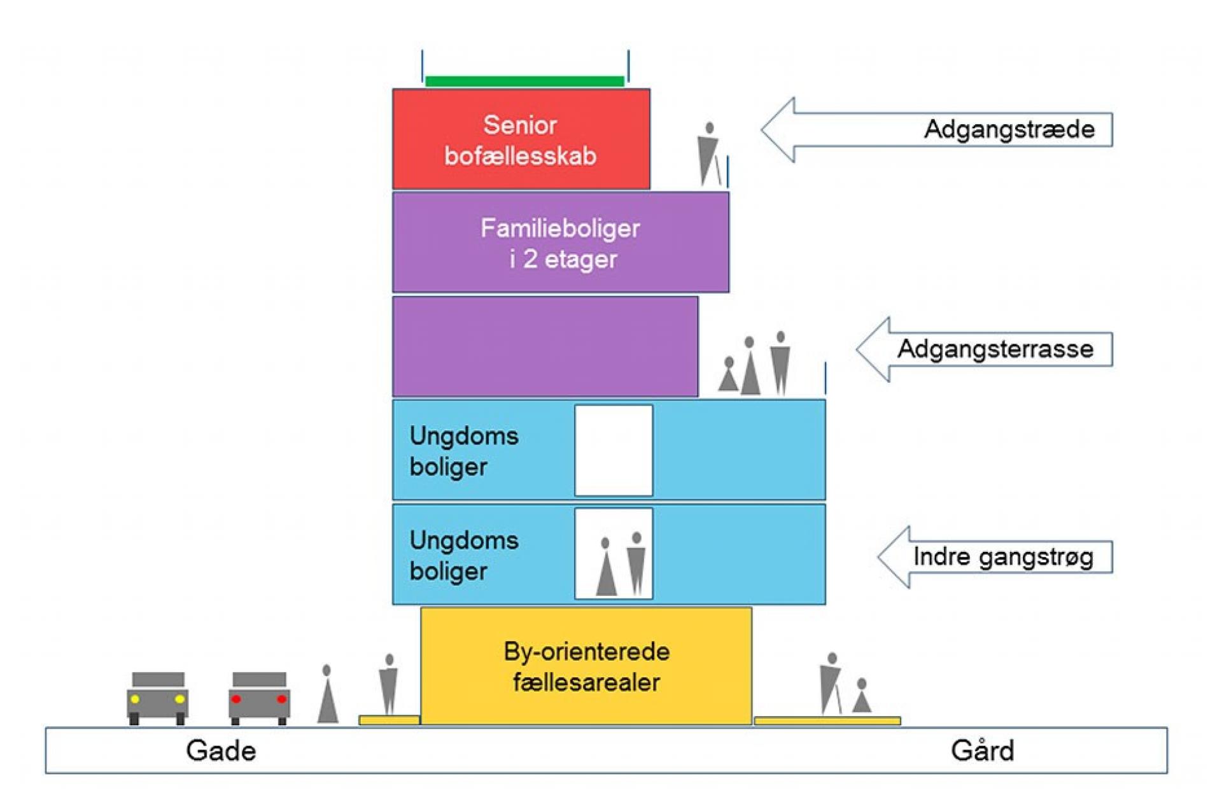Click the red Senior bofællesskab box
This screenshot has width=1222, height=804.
(x=521, y=139)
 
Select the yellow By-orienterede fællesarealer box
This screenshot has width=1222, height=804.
(x=586, y=666)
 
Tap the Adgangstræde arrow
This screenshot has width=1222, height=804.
(x=936, y=130)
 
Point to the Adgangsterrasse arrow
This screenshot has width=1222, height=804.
(x=984, y=349)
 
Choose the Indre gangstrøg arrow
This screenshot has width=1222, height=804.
(x=995, y=557)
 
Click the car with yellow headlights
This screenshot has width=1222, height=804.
(x=157, y=698)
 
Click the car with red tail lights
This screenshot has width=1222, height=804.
(x=259, y=698)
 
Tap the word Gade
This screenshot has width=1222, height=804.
(x=221, y=751)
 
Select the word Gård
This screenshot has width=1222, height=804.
(x=982, y=750)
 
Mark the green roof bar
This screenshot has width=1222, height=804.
(x=524, y=81)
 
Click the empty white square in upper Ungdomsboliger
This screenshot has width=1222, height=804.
(x=614, y=450)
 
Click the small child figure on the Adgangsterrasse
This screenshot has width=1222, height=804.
(x=728, y=374)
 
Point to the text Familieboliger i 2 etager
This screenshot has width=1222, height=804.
(x=560, y=243)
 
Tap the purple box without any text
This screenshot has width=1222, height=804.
(x=545, y=346)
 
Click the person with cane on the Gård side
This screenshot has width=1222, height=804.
(x=831, y=684)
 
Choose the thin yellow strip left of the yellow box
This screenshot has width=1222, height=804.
(x=389, y=720)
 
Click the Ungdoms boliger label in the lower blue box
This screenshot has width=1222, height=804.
(x=463, y=556)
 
